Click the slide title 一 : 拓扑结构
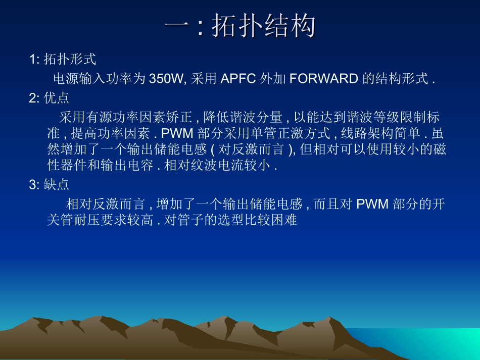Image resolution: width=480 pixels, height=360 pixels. tap(240, 26)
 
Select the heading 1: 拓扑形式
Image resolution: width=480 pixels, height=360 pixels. tap(62, 59)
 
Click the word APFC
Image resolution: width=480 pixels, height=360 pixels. tap(238, 78)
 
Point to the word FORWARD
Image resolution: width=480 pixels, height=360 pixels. tap(324, 78)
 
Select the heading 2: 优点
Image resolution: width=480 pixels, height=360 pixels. tap(49, 97)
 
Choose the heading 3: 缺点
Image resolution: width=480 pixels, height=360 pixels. tap(49, 184)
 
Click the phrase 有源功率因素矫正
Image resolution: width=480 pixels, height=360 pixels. tap(139, 118)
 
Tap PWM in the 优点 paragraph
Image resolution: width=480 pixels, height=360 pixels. tap(174, 134)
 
